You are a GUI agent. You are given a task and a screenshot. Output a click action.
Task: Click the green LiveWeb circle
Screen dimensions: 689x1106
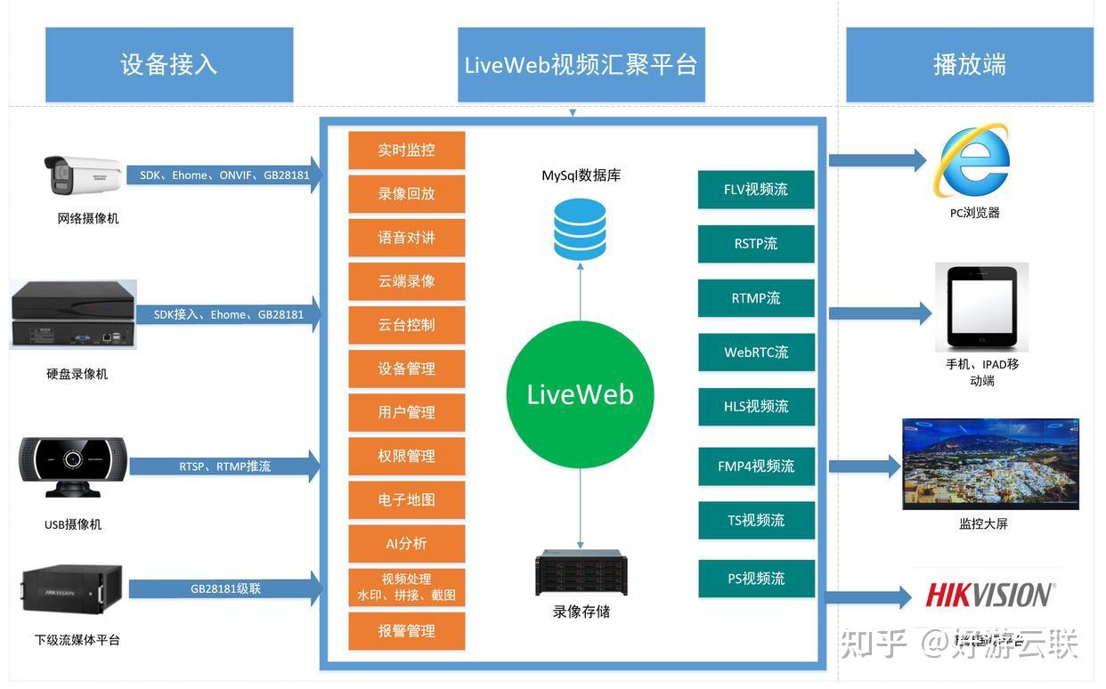[x=580, y=394]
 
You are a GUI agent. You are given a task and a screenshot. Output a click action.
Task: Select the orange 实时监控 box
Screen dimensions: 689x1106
[x=406, y=150]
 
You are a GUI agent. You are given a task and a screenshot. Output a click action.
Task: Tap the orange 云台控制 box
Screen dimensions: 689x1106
[x=406, y=325]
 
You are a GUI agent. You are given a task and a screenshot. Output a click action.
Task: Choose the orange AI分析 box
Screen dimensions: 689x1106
[x=406, y=543]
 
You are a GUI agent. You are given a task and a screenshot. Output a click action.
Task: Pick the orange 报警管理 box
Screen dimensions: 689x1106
[x=406, y=631]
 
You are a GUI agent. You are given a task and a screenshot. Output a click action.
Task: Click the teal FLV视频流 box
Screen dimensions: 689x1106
[x=756, y=190]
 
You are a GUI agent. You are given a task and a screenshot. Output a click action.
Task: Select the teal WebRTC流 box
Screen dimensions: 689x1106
[x=756, y=353]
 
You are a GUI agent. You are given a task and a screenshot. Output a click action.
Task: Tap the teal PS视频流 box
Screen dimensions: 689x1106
[x=756, y=579]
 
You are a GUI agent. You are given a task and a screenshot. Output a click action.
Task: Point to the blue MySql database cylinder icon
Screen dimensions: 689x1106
[x=580, y=229]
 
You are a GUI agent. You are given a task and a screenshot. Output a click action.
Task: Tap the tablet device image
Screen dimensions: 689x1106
[x=981, y=307]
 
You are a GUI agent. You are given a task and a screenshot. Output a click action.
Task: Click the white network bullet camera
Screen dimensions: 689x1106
[x=82, y=174]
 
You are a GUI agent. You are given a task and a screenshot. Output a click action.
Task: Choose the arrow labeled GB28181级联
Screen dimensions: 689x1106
[x=224, y=589]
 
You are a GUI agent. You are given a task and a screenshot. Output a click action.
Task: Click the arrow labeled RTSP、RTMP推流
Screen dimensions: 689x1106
[x=224, y=466]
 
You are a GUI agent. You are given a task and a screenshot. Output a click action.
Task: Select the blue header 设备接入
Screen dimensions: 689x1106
[x=169, y=65]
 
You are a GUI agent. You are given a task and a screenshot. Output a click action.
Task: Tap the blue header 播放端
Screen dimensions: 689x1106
[x=969, y=65]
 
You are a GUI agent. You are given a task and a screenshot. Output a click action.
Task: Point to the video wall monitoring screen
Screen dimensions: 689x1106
[x=990, y=464]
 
